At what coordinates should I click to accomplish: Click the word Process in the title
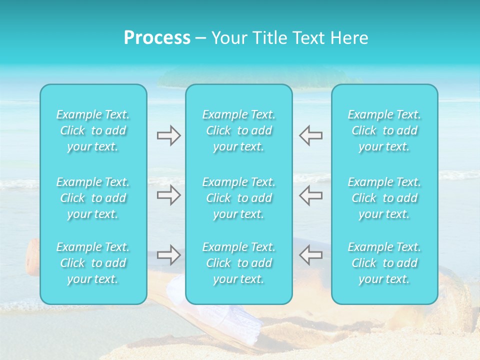[x=157, y=38]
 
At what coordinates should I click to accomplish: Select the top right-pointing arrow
[x=168, y=135]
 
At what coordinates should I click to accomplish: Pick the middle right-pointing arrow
[x=168, y=195]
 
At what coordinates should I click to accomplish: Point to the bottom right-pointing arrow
[x=168, y=255]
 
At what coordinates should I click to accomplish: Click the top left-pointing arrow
[x=310, y=135]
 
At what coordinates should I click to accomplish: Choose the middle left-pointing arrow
[x=310, y=195]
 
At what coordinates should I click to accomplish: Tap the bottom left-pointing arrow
[x=310, y=255]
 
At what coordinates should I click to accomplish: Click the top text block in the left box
[x=93, y=130]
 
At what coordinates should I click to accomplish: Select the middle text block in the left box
[x=93, y=198]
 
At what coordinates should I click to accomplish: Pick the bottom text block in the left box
[x=93, y=263]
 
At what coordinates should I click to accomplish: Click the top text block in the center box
[x=238, y=130]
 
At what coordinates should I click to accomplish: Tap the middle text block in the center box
[x=238, y=198]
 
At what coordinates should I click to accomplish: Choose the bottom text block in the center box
[x=238, y=263]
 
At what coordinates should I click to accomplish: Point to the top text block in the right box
[x=384, y=130]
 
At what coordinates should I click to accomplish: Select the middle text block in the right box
[x=384, y=198]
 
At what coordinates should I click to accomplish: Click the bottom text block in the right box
[x=384, y=263]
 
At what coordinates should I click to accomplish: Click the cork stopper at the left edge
[x=32, y=256]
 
